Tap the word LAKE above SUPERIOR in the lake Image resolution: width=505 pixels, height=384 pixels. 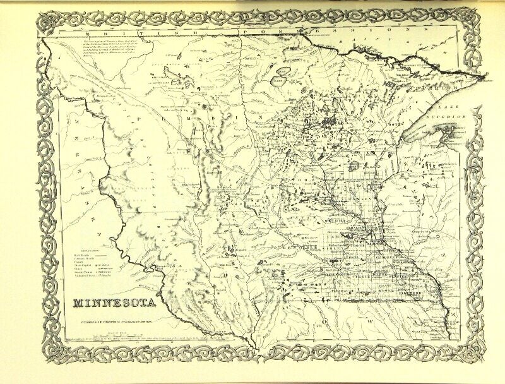pyautogui.click(x=450, y=107)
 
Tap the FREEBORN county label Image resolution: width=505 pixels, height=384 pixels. pyautogui.click(x=367, y=294)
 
